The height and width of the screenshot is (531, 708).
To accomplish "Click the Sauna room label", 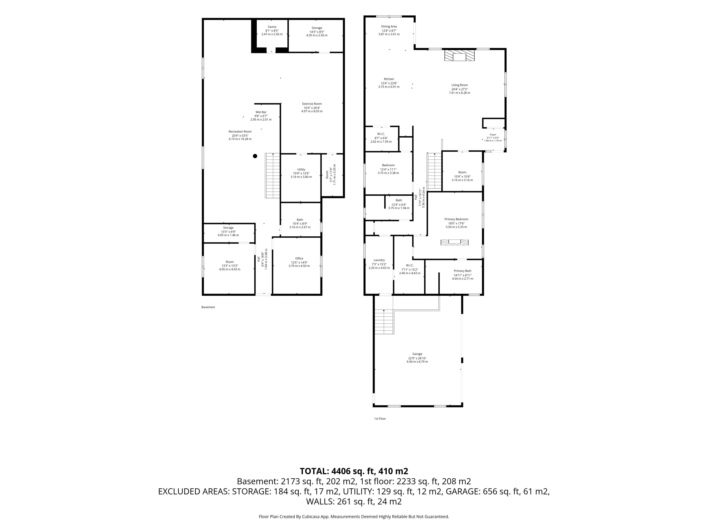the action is click(272, 27).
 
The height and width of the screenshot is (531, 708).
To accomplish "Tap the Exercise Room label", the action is click(312, 104).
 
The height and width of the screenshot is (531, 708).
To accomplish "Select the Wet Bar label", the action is click(261, 112).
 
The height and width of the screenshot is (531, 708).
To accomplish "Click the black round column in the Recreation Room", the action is click(255, 156).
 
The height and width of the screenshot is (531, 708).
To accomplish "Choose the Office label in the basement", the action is click(299, 258).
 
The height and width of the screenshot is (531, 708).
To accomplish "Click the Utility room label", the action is click(301, 169).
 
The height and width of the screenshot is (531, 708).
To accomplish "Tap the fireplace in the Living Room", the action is click(459, 55).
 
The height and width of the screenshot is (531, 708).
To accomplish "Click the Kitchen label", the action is click(389, 79).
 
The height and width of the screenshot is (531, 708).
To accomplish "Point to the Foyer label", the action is click(493, 135).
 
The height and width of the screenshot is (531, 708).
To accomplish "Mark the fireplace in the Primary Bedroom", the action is click(454, 242).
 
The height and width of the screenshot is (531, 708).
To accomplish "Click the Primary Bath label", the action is click(462, 271).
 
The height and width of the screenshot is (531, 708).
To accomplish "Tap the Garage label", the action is click(417, 354).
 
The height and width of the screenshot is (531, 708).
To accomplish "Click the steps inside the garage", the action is click(384, 322).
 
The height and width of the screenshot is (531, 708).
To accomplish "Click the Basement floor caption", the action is click(208, 307).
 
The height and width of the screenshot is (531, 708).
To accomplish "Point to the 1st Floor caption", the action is click(380, 418).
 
